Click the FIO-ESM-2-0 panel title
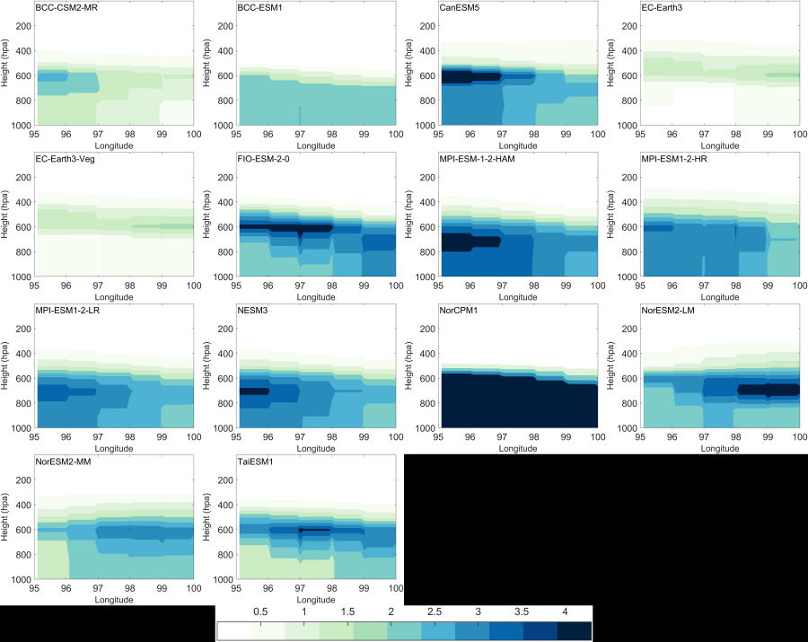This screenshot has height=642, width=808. pos(266,160)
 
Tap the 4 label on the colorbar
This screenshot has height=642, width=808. pos(565,612)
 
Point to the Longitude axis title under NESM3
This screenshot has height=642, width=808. pos(315,446)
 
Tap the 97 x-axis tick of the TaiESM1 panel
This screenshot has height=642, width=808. pos(300,589)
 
